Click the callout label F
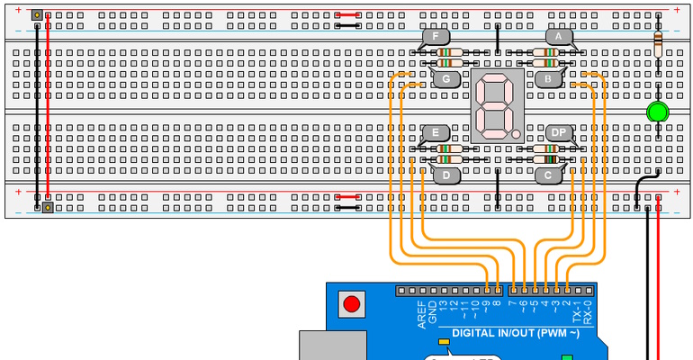(x=435, y=37)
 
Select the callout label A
(x=559, y=37)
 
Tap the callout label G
(x=445, y=79)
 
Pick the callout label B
(x=547, y=79)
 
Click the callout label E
(x=435, y=132)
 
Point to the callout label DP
(x=559, y=132)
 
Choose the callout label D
(x=445, y=175)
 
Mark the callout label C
(x=547, y=175)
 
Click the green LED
(x=658, y=112)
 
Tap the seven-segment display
(x=497, y=105)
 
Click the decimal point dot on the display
(x=517, y=134)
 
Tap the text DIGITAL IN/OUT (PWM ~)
(x=508, y=334)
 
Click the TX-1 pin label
(x=576, y=311)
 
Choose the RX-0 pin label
(x=588, y=311)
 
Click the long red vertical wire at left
(x=48, y=108)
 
